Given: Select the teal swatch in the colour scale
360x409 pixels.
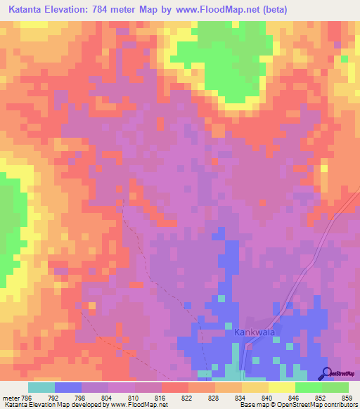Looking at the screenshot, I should coord(41,387).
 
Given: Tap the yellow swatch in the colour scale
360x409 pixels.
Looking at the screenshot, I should coord(282,387).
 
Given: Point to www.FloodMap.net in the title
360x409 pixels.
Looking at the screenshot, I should coord(215,9).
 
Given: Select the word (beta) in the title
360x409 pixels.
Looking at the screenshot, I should coord(271,9).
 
